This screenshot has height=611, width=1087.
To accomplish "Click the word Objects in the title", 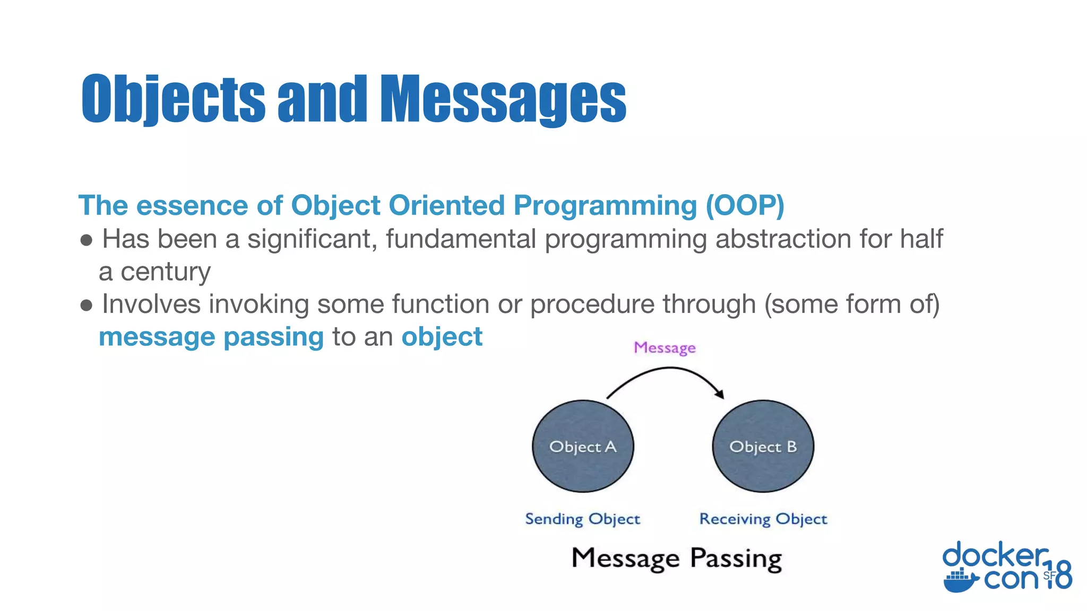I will point(173,99).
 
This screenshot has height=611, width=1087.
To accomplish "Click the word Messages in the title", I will point(503,99).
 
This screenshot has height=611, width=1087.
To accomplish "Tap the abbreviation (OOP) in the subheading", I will point(745,205).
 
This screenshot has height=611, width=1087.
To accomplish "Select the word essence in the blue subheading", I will point(192,205).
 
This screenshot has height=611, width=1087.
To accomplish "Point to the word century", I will point(166,272).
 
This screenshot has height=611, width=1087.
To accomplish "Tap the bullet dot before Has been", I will point(87,240).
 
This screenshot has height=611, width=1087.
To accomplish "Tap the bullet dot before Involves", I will point(87,305).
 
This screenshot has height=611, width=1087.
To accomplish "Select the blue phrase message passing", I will point(211,337).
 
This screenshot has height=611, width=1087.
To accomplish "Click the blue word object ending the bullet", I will point(442,337).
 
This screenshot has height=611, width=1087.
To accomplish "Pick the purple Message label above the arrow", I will point(665,348).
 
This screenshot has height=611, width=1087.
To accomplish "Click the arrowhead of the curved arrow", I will point(720,394).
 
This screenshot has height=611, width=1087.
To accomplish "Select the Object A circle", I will point(583,447).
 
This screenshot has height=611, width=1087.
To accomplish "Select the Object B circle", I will point(763,447).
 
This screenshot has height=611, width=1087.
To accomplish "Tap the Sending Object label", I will point(582,519).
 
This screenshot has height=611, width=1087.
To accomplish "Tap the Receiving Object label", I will point(763,519).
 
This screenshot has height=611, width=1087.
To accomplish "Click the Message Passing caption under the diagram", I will point(677,558).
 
